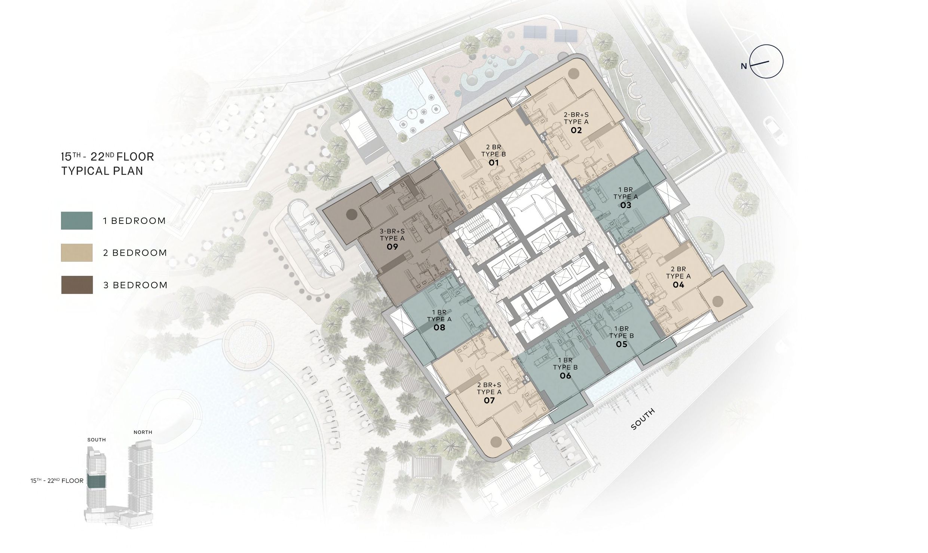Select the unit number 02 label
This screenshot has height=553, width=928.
[x=576, y=130]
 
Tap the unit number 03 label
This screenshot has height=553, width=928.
[x=626, y=205]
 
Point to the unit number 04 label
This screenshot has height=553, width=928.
[x=679, y=285]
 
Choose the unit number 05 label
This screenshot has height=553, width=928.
[x=622, y=344]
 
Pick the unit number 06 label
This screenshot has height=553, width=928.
[x=566, y=376]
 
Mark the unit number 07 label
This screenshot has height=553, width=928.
[x=489, y=401]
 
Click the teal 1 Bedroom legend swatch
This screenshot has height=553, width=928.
[x=77, y=221]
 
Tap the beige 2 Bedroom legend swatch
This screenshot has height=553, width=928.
[x=77, y=253]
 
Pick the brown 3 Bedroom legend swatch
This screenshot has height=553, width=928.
[x=77, y=285]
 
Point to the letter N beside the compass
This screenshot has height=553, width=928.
[x=744, y=66]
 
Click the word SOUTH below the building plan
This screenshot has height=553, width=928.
[x=643, y=419]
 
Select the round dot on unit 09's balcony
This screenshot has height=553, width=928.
[x=352, y=215]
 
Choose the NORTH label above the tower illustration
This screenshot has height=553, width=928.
[x=143, y=432]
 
